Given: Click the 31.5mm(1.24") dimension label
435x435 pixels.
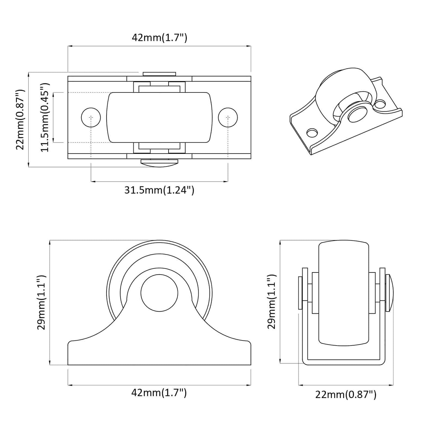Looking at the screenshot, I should (159, 190).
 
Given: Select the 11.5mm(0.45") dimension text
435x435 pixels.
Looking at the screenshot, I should (45, 117).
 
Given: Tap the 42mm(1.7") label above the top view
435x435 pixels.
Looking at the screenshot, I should (160, 38).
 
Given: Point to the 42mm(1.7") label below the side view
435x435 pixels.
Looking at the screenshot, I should (159, 393).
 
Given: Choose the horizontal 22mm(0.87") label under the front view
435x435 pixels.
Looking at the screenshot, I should (346, 394).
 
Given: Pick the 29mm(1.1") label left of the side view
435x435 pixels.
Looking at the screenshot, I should (41, 302).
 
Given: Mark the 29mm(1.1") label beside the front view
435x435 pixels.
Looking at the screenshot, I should (272, 302).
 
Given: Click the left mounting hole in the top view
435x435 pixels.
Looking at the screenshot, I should (91, 117).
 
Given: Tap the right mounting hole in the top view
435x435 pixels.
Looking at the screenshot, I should (228, 117).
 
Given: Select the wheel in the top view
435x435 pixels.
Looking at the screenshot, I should (159, 117).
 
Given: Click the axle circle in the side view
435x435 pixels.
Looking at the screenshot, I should (159, 293).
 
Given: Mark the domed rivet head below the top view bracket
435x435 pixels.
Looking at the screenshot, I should (159, 163).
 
